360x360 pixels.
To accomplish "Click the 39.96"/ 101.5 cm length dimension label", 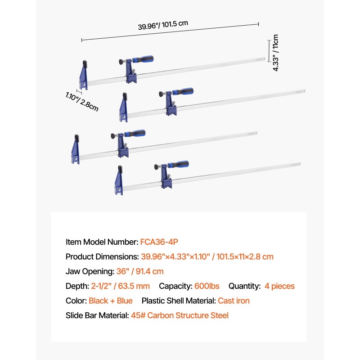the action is [x=163, y=25].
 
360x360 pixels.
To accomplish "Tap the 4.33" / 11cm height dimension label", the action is [x=275, y=53].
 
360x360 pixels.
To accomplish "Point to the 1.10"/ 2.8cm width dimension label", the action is [x=82, y=102].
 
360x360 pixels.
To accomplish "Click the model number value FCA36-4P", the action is [x=159, y=242].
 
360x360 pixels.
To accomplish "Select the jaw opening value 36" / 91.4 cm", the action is [x=140, y=271].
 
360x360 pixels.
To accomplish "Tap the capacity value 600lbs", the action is [x=207, y=286].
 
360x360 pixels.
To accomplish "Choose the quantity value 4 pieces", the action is [x=279, y=286].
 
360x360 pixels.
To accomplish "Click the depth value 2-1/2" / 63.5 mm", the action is [x=120, y=286].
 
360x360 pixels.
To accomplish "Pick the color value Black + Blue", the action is [x=111, y=301].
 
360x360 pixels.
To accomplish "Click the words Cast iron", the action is [x=234, y=301].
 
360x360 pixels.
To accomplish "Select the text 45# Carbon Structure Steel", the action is [x=180, y=315].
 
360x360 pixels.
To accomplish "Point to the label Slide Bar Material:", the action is [x=97, y=315].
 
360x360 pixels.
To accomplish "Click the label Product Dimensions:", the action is [x=102, y=256].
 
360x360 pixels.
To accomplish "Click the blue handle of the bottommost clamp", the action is [x=178, y=164].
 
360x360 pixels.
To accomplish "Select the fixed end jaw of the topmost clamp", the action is [x=83, y=75].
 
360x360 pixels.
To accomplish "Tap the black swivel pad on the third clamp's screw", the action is [x=113, y=136].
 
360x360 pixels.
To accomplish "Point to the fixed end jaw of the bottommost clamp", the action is [x=119, y=180].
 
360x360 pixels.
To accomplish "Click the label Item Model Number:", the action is [x=102, y=242].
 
